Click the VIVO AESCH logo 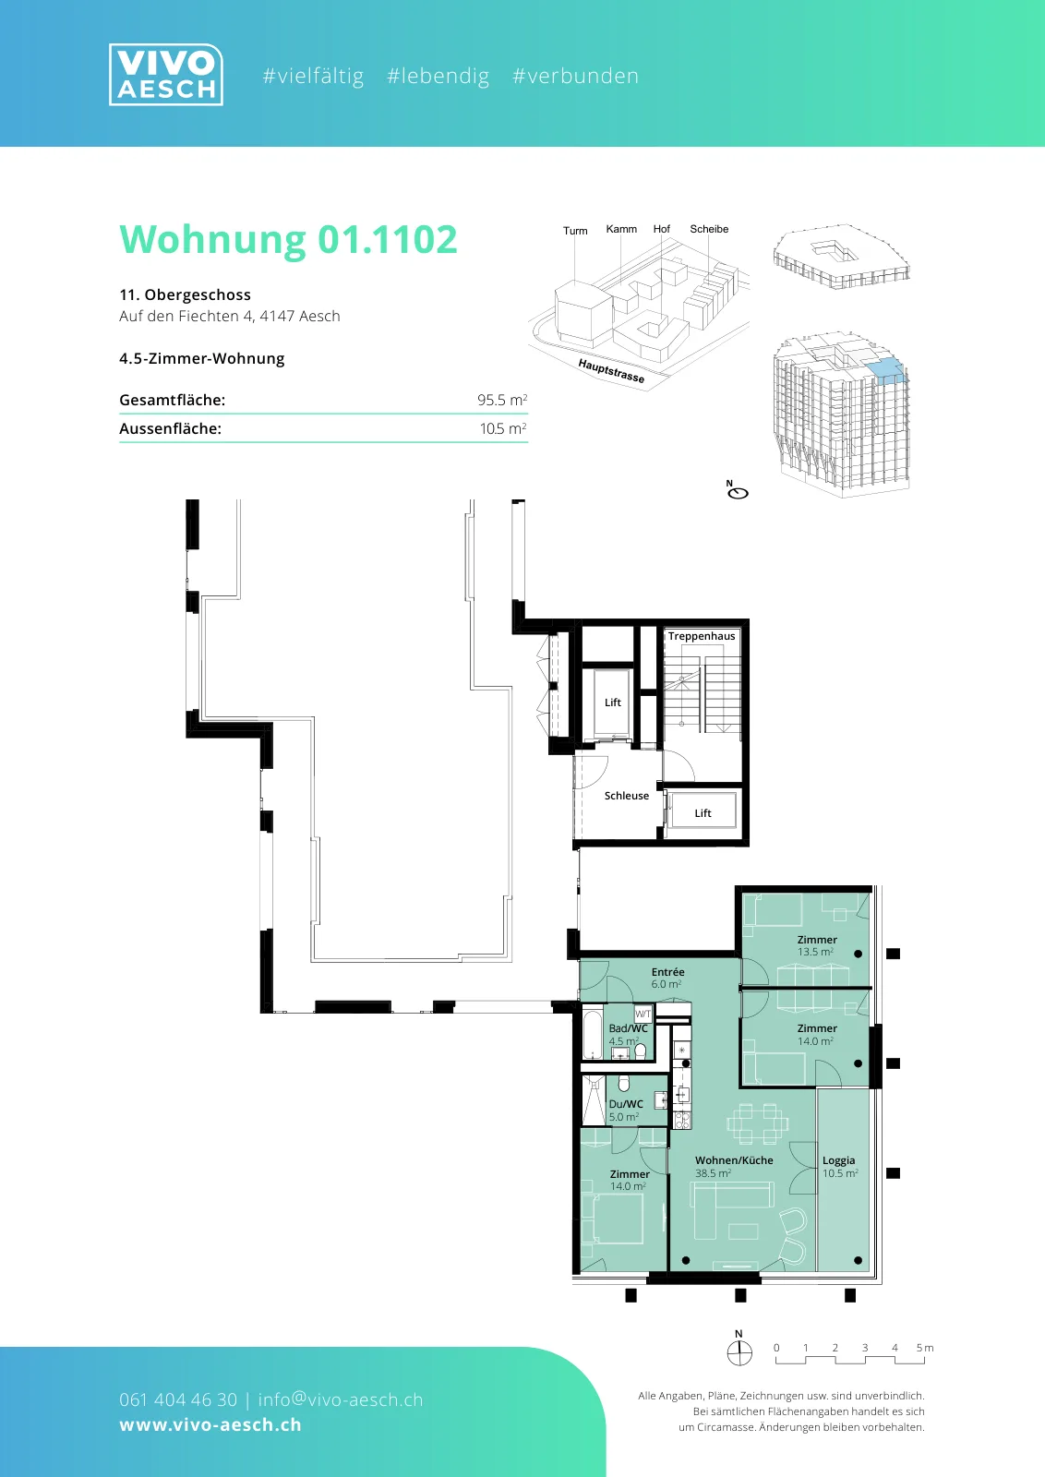click(165, 75)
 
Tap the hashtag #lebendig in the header click(438, 76)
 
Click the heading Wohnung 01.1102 click(288, 239)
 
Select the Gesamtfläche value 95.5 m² click(502, 400)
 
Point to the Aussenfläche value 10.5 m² click(503, 428)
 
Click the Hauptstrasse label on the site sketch click(611, 370)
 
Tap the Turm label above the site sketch click(575, 231)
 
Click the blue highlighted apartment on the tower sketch click(883, 368)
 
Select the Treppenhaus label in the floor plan click(701, 636)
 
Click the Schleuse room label click(626, 795)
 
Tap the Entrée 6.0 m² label click(667, 978)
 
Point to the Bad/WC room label click(629, 1028)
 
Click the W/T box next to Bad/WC click(643, 1014)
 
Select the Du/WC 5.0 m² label click(626, 1110)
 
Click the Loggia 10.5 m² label click(839, 1167)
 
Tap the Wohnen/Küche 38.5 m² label click(734, 1167)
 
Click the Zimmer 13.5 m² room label click(817, 945)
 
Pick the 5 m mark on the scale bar click(924, 1348)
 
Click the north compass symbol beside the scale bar click(739, 1348)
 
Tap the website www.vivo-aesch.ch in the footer click(210, 1424)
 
